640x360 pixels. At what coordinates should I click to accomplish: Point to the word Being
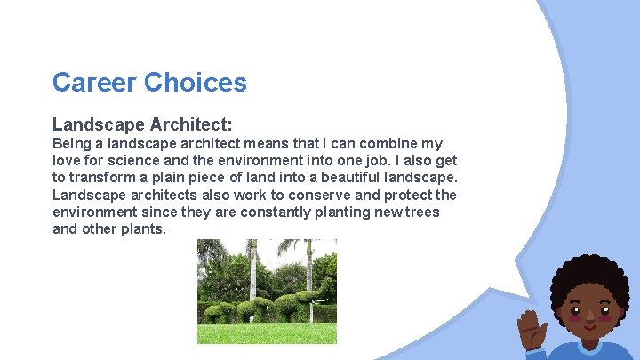pos(72,143)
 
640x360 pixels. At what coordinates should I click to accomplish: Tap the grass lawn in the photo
pos(267,333)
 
